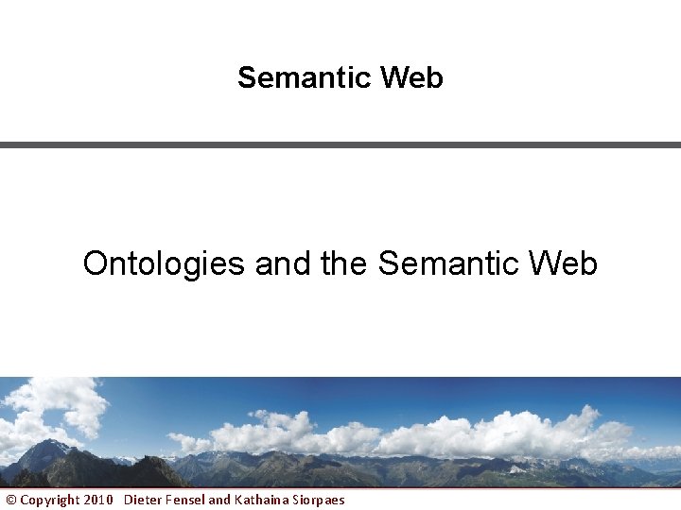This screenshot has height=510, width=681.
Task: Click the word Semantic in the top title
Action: (305, 77)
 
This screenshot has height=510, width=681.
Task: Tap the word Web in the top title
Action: (411, 77)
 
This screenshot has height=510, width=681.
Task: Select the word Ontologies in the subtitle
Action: (164, 263)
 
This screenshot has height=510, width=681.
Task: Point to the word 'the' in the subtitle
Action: (343, 263)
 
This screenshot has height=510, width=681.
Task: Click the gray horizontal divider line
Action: (340, 144)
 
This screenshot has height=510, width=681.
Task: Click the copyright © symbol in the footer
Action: (11, 500)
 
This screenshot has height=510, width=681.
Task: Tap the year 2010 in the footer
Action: (96, 500)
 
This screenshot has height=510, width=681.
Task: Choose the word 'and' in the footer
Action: (219, 500)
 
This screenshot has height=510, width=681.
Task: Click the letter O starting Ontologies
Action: (95, 263)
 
